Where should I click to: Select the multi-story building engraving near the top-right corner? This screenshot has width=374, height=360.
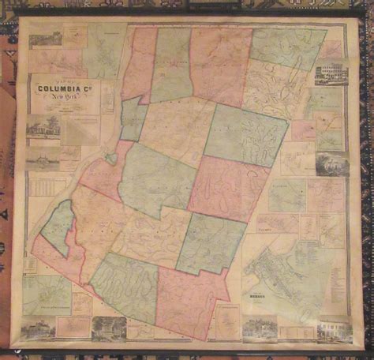(x=331, y=74)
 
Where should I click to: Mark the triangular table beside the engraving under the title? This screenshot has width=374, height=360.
(x=79, y=131)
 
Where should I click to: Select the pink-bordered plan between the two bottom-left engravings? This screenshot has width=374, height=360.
(x=77, y=325)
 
